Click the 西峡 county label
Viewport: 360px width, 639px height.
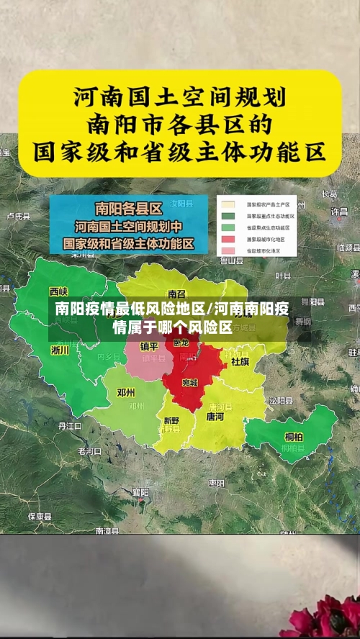click(x=58, y=291)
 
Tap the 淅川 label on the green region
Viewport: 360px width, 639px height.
click(x=60, y=350)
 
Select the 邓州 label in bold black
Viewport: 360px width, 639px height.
click(x=126, y=393)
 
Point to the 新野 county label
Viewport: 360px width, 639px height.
click(x=171, y=420)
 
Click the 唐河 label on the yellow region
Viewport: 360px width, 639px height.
click(x=215, y=417)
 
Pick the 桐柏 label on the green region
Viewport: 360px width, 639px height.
click(x=293, y=436)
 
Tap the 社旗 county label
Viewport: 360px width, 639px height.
click(x=240, y=361)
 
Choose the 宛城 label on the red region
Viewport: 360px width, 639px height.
click(x=189, y=382)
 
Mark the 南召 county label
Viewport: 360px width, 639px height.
click(x=176, y=294)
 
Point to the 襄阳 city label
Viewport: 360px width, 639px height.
click(x=140, y=492)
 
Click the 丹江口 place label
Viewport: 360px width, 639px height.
click(x=70, y=425)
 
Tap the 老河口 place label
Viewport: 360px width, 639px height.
click(x=90, y=451)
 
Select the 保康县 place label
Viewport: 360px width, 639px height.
click(x=39, y=516)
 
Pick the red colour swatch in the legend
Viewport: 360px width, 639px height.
click(x=228, y=238)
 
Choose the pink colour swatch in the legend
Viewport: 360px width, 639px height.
click(x=228, y=250)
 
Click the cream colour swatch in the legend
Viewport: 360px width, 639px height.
click(x=228, y=204)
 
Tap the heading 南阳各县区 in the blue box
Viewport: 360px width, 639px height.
click(x=128, y=209)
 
